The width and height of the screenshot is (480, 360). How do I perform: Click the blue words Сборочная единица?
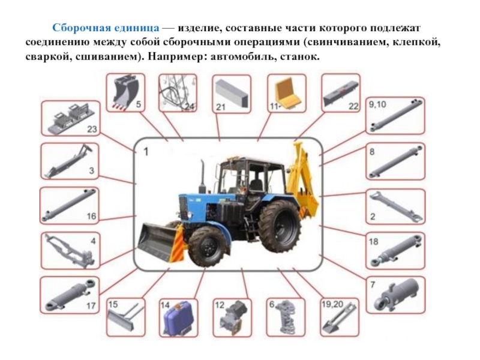click(106, 28)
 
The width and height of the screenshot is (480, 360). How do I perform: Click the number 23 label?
click(92, 129)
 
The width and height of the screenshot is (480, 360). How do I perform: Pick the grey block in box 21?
click(232, 93)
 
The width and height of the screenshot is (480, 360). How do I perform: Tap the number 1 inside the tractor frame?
click(146, 152)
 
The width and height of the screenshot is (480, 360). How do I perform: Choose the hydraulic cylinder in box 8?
click(395, 161)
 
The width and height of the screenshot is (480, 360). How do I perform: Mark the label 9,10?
click(377, 104)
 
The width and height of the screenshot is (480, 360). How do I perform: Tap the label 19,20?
click(332, 305)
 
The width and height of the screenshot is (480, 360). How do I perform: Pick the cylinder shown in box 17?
click(70, 295)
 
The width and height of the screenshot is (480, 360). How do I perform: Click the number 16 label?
click(92, 217)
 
